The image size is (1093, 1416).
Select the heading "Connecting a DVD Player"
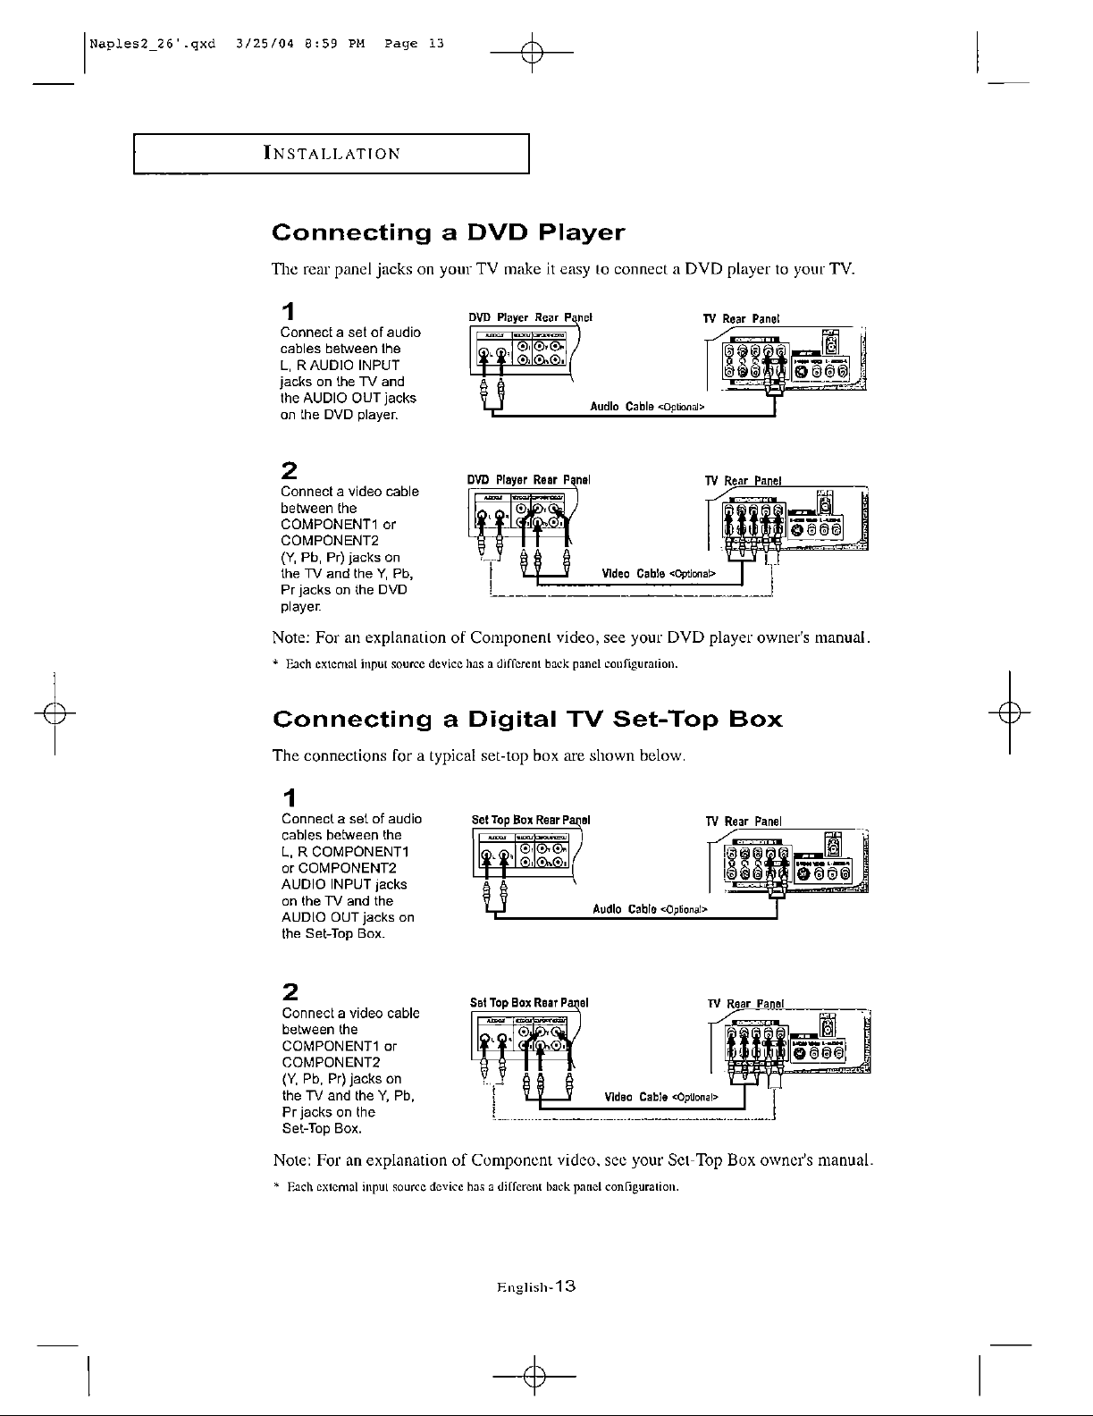[448, 233]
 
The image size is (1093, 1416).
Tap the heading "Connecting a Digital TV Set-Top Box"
[527, 720]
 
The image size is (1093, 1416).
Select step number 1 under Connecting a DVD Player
[288, 312]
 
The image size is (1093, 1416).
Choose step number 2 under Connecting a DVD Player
[289, 471]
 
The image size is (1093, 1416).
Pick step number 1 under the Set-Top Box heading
[288, 796]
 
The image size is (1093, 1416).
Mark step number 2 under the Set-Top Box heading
[289, 991]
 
